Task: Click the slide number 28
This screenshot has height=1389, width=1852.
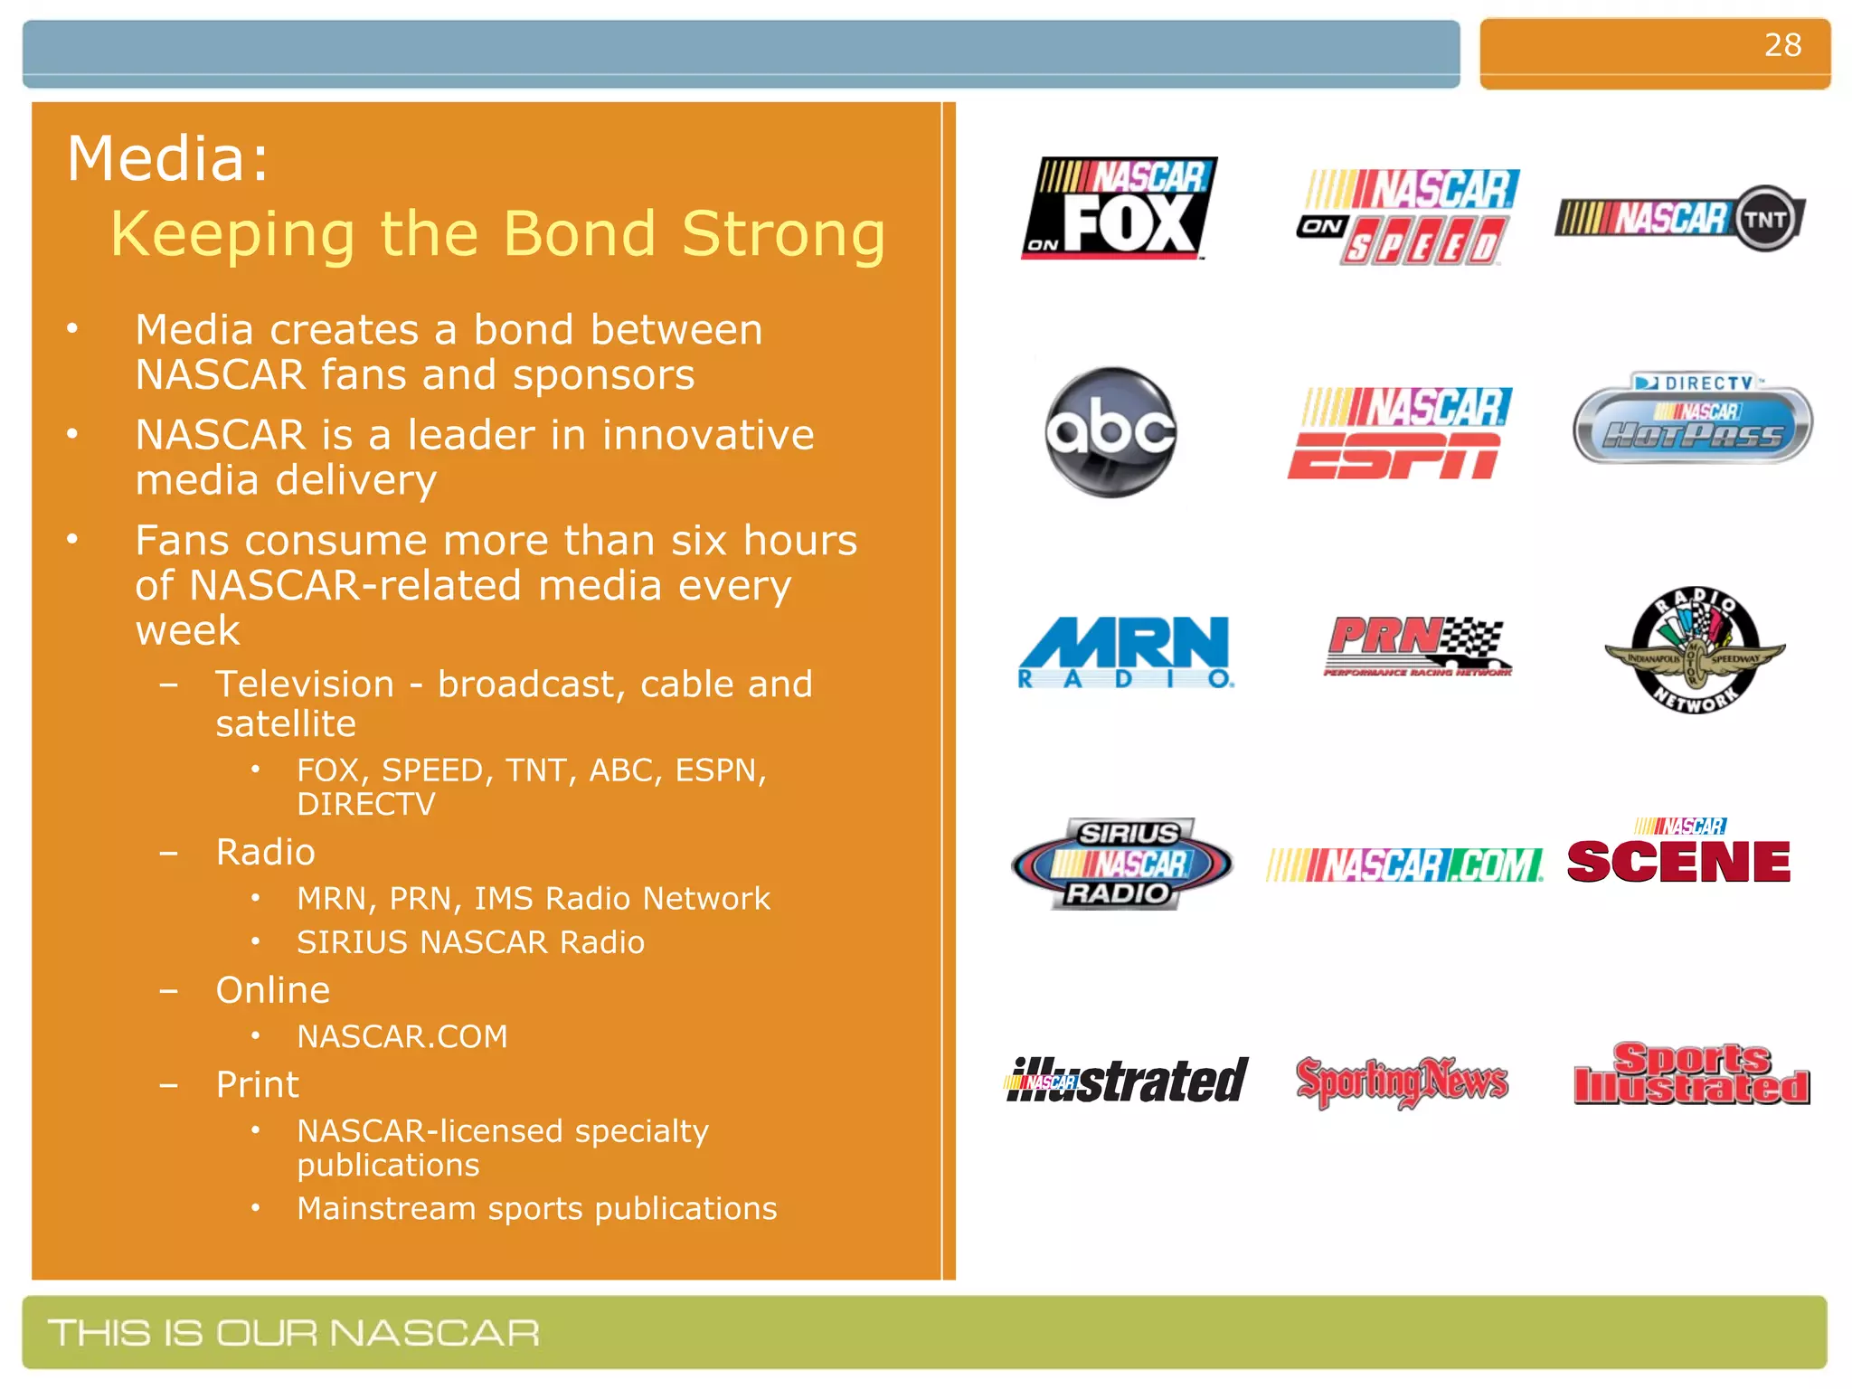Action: [x=1781, y=45]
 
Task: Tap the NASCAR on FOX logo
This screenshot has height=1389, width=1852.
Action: [x=1120, y=209]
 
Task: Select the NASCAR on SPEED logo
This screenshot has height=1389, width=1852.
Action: [x=1409, y=217]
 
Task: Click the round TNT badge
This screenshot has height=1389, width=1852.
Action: [x=1764, y=219]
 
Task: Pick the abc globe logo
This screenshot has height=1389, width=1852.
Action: [x=1110, y=432]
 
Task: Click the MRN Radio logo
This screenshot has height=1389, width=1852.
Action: [x=1125, y=652]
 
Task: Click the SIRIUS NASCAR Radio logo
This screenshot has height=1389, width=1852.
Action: [x=1121, y=864]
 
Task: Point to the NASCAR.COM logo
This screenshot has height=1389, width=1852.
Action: [x=1404, y=865]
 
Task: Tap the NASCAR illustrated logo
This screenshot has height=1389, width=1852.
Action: [x=1127, y=1080]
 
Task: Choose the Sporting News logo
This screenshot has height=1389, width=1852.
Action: [x=1402, y=1081]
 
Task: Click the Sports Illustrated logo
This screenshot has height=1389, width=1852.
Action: [x=1691, y=1075]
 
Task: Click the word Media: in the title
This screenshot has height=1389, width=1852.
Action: [x=168, y=159]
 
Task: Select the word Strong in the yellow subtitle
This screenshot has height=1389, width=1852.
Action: [x=783, y=234]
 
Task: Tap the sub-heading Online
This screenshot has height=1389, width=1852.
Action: [x=273, y=990]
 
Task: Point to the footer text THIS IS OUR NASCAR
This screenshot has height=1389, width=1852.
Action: [x=294, y=1333]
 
